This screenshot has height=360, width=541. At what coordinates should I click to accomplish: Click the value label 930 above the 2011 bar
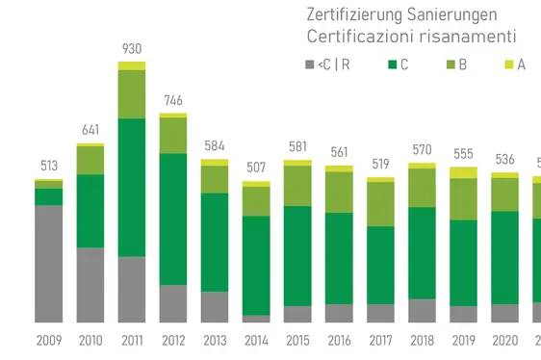coord(132,48)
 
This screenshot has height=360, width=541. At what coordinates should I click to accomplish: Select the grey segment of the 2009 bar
coord(49,263)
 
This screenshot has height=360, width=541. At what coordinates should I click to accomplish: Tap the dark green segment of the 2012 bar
coord(173,219)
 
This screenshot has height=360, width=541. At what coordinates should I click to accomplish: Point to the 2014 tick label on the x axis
coord(256,340)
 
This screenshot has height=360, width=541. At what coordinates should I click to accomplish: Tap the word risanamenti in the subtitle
coord(465,37)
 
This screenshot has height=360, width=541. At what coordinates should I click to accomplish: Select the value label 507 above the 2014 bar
coord(256,167)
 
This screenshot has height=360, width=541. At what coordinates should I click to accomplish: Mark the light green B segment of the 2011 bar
coord(132,93)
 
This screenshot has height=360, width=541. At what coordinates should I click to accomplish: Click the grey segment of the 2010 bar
coord(90,285)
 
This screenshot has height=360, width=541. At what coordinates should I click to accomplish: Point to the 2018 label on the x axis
coord(422,340)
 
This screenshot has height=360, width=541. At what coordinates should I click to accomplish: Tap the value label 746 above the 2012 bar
coord(173,100)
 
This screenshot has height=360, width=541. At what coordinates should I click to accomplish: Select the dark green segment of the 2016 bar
coord(339,258)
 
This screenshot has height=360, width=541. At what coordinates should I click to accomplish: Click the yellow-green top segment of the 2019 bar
coord(463,172)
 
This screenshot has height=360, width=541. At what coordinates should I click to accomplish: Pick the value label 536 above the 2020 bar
coord(504,159)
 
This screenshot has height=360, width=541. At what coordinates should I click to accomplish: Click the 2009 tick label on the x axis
coord(49,340)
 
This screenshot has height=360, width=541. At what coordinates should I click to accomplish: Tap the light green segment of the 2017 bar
coord(380,204)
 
